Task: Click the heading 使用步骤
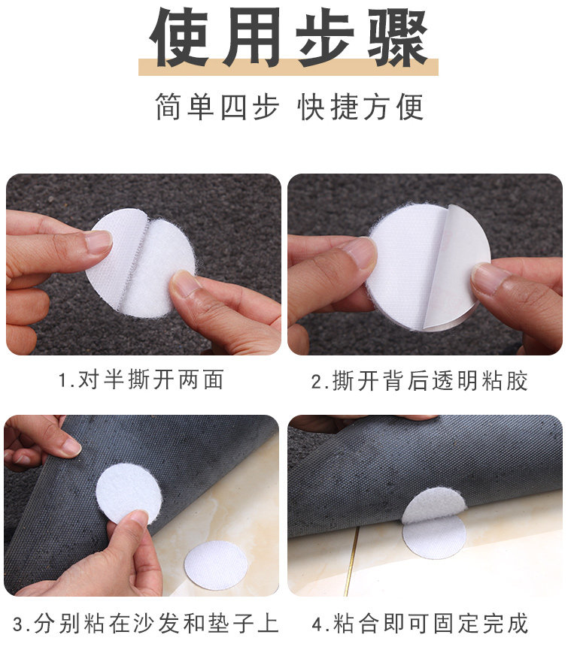click(289, 38)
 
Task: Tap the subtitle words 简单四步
click(217, 107)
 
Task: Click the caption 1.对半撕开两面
click(141, 379)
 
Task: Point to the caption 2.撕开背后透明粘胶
click(420, 381)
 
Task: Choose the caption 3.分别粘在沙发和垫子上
click(145, 624)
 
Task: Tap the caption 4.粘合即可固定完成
click(421, 624)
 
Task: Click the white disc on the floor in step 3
click(216, 566)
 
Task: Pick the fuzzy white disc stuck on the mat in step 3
click(129, 494)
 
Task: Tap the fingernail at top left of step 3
click(71, 447)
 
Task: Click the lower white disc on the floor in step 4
click(434, 537)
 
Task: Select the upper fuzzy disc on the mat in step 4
click(434, 505)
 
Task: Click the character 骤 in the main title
click(398, 38)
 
